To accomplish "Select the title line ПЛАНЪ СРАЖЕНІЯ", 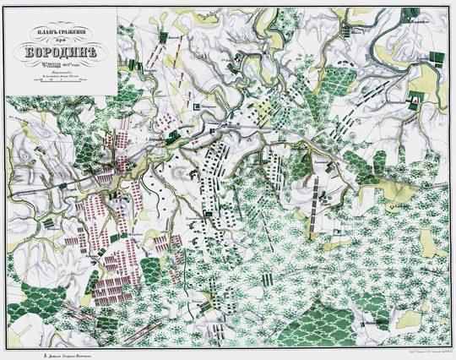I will point(57,31).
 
